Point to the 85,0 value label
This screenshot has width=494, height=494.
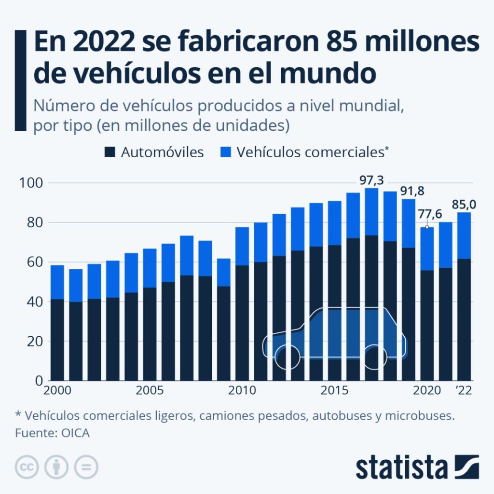point(464,205)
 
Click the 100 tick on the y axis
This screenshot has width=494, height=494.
point(31,183)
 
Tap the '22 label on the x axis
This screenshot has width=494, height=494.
point(464,390)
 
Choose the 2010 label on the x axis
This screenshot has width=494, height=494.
point(243,390)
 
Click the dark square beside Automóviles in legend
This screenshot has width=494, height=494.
point(110,153)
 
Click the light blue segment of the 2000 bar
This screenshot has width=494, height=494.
point(57,282)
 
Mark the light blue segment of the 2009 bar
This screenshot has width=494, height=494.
point(224,273)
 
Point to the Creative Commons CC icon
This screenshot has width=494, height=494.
point(27,467)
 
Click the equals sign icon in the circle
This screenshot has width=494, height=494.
point(86,467)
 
